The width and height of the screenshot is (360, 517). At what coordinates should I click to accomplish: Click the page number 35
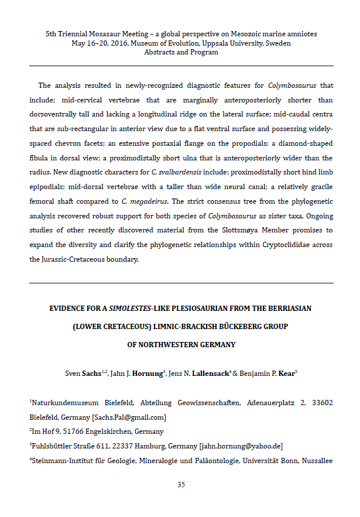[181, 484]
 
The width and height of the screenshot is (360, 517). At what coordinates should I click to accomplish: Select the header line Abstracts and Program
[181, 52]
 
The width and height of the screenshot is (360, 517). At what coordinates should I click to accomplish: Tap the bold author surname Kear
[286, 373]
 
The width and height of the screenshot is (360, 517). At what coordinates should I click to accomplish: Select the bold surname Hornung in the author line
[146, 373]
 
